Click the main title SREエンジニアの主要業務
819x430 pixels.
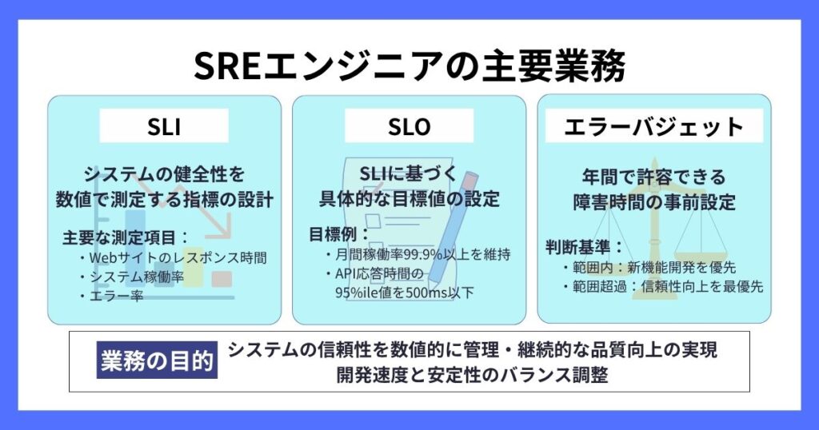coord(409,66)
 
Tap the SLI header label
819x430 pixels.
coord(164,125)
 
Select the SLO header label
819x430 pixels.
coord(409,125)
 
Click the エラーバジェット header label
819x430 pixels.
coord(654,125)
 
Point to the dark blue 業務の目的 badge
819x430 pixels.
coord(157,360)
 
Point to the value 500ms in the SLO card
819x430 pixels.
coord(425,293)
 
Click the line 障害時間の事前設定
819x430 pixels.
coord(654,202)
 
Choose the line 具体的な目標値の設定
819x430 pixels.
coord(409,199)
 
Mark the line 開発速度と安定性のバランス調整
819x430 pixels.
coord(472,375)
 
